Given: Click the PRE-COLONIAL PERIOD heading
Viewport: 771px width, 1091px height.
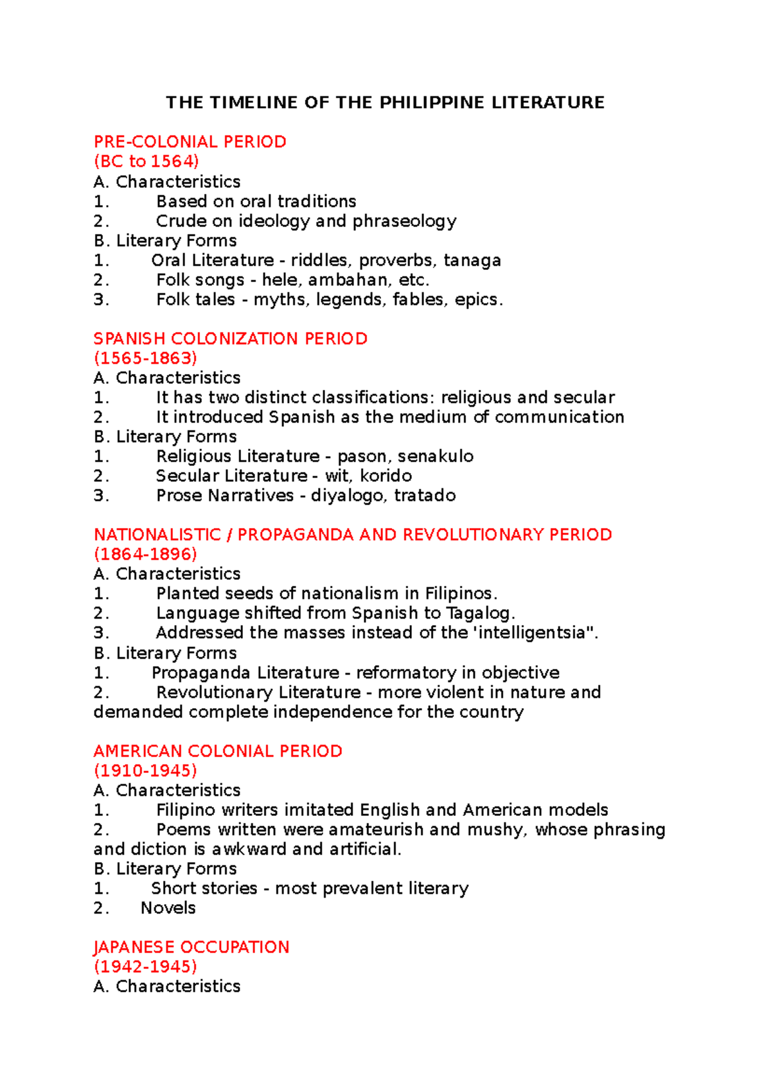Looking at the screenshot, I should click(190, 142).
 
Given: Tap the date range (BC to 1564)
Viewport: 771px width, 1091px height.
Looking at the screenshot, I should click(146, 161).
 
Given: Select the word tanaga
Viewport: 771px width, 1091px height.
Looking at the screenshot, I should click(472, 260).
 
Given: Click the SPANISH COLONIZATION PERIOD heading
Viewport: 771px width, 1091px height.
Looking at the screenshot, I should click(231, 339).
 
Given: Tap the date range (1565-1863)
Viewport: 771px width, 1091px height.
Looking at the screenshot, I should click(145, 358).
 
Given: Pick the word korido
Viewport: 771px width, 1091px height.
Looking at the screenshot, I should click(385, 476).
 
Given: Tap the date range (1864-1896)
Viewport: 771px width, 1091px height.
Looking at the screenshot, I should click(145, 554).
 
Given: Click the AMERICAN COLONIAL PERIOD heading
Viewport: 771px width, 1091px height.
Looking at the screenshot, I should click(218, 751).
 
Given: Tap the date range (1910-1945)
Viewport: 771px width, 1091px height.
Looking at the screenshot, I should click(145, 770).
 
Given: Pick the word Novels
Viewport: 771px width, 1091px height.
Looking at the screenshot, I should click(168, 908).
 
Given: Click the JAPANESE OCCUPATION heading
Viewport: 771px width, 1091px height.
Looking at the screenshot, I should click(191, 947).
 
